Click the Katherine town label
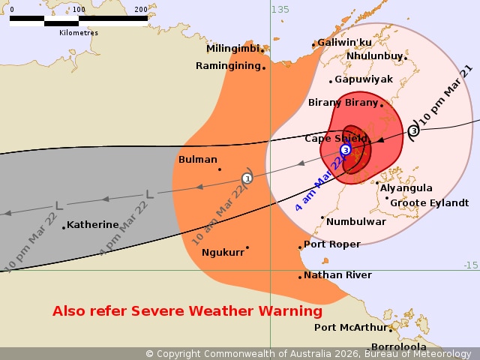click(93, 224)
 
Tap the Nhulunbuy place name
click(374, 55)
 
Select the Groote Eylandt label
click(430, 202)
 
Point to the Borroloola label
click(399, 346)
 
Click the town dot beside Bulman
click(220, 169)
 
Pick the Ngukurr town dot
click(247, 247)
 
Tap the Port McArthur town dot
click(391, 328)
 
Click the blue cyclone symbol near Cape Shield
click(345, 150)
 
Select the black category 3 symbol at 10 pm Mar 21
click(413, 131)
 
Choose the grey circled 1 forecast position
click(247, 178)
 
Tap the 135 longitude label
click(280, 9)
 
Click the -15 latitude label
click(470, 265)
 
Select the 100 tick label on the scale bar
click(79, 9)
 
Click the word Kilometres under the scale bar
click(78, 33)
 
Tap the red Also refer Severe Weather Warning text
click(187, 310)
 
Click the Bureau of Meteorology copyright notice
click(308, 353)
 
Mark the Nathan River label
click(337, 275)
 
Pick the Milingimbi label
click(233, 49)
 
